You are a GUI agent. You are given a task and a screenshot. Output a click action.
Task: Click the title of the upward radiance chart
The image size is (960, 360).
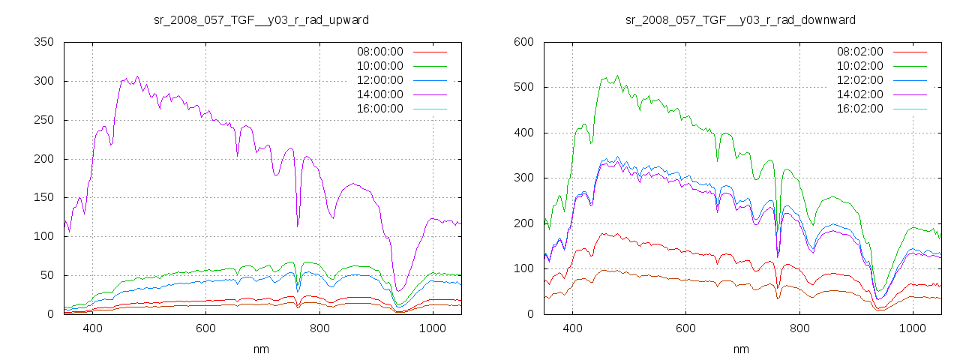point(261,19)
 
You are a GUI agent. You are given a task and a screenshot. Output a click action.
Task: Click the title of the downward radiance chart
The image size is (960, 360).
point(740,19)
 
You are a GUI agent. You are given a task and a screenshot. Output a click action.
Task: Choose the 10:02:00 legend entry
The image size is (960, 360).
point(859,66)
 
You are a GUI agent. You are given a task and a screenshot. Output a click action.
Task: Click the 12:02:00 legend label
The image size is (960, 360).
point(859,80)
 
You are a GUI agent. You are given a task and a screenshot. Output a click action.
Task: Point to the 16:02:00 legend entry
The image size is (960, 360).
point(859,109)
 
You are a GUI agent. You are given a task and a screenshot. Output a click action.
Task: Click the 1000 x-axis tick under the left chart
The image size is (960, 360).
point(433,328)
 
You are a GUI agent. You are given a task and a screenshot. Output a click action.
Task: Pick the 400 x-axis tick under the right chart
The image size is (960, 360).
point(573,328)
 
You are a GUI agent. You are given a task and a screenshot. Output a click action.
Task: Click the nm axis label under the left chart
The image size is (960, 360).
point(261,349)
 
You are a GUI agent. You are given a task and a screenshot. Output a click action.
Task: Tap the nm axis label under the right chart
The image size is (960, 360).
point(741,349)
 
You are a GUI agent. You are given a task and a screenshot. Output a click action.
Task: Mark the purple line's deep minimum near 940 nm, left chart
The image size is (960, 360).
point(400,290)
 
